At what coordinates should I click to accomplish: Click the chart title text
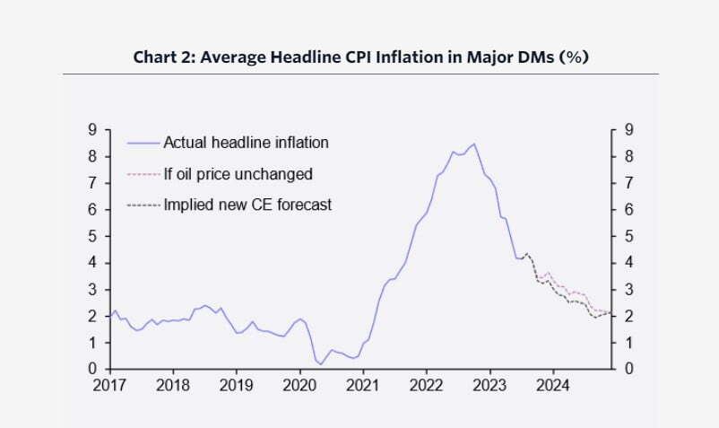tap(359, 57)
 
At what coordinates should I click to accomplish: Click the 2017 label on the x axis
tap(109, 385)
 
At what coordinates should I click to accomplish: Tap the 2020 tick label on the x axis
tap(299, 385)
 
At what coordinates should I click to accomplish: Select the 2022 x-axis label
tap(426, 385)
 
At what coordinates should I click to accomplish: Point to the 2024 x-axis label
tap(552, 385)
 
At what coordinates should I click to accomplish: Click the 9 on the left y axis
tap(92, 130)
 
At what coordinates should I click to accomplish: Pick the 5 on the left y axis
tap(92, 237)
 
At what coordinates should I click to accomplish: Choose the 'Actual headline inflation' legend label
tap(246, 143)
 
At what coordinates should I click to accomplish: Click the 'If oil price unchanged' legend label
tap(238, 174)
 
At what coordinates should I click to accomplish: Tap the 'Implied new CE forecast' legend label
tap(247, 205)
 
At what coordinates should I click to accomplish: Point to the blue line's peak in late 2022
tap(473, 144)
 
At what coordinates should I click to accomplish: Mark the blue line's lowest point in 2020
tap(320, 364)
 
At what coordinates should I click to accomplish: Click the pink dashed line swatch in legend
tap(143, 174)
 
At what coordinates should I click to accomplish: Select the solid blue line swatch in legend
tap(143, 143)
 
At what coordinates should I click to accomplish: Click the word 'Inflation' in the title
tap(407, 57)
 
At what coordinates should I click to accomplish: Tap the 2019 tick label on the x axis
tap(236, 385)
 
